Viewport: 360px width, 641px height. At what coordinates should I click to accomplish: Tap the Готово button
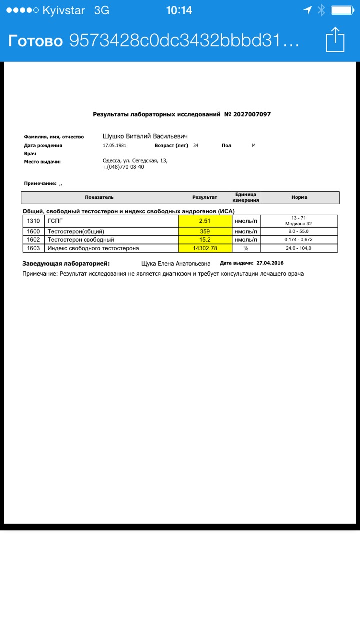coord(35,40)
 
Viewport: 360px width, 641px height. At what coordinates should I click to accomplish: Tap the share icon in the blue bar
coord(335,39)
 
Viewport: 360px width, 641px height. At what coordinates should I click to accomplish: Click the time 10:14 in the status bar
coord(179,10)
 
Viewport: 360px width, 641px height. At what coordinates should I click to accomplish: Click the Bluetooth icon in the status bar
coord(321,10)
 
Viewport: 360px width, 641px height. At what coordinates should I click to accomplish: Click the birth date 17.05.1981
coord(114,145)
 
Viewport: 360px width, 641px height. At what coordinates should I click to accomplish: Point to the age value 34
coord(196,145)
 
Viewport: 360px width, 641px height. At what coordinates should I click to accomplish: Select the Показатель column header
coord(99,197)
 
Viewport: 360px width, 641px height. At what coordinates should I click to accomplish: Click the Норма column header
coord(299,197)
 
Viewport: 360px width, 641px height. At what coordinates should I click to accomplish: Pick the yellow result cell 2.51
coord(205,221)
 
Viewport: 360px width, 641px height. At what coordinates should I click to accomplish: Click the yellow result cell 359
coord(205,231)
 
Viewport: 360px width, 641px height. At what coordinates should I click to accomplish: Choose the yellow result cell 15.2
coord(205,240)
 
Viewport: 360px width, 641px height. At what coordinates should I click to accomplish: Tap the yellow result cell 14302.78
coord(205,248)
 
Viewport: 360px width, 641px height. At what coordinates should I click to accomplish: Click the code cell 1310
coord(34,221)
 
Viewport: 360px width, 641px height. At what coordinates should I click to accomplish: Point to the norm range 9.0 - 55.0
coord(299,231)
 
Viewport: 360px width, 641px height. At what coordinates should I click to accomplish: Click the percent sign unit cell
coord(246,248)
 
